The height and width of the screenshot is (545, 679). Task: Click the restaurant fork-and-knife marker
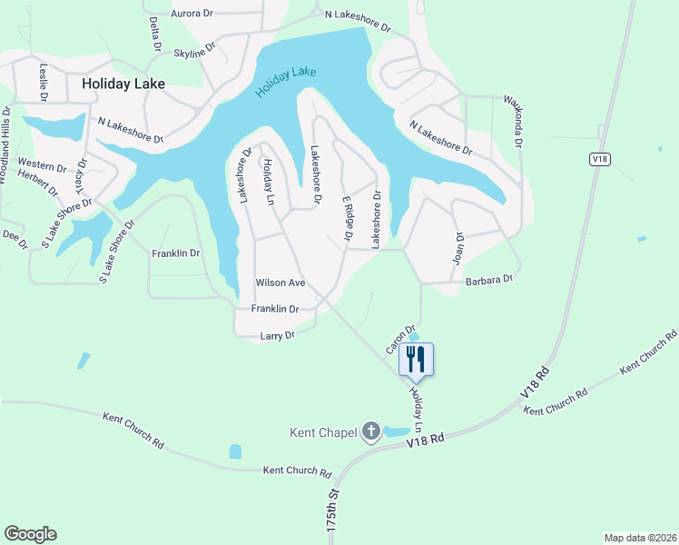[x=416, y=359]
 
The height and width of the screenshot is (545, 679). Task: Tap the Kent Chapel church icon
[x=370, y=431]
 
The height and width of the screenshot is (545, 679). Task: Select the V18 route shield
[x=598, y=159]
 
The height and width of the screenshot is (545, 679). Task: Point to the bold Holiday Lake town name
[x=123, y=83]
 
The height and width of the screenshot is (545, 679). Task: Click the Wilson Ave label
[x=280, y=283]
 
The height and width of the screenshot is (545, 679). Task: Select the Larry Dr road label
[x=278, y=336]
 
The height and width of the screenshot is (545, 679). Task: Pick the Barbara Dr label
[x=490, y=280]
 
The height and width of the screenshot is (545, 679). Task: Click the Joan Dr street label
[x=458, y=247]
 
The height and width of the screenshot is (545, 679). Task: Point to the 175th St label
[x=332, y=513]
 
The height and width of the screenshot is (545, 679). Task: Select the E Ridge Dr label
[x=346, y=217]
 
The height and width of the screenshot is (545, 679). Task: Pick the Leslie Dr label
[x=43, y=81]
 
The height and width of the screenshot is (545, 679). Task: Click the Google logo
[x=30, y=534]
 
